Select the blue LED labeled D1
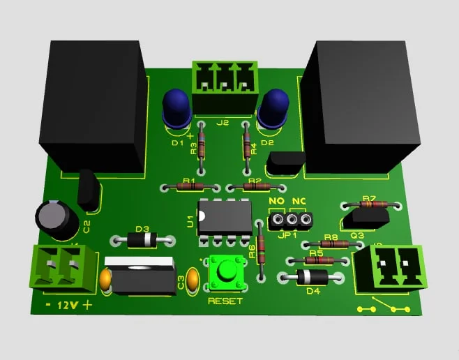click(177, 109)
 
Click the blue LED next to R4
click(272, 109)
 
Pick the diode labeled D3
click(142, 240)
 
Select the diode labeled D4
click(311, 276)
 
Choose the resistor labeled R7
click(370, 205)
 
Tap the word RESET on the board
click(225, 301)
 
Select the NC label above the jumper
click(299, 202)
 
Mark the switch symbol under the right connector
click(382, 306)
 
